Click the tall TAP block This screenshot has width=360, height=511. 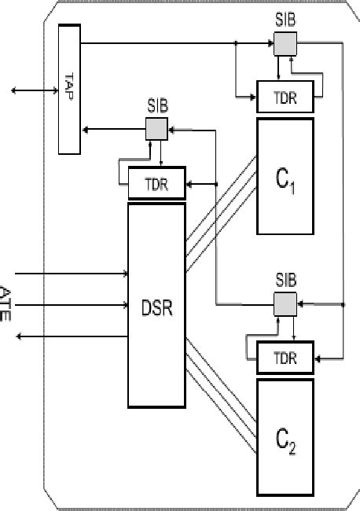click(x=68, y=88)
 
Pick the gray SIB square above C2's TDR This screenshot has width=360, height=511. click(x=284, y=303)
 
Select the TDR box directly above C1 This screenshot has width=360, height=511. click(x=285, y=97)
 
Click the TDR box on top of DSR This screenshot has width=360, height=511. click(x=156, y=183)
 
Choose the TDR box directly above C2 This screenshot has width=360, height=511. click(x=285, y=356)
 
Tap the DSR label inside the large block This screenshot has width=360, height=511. click(x=157, y=304)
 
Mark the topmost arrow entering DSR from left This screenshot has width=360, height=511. click(x=71, y=274)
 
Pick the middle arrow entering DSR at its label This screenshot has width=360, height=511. click(x=71, y=304)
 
